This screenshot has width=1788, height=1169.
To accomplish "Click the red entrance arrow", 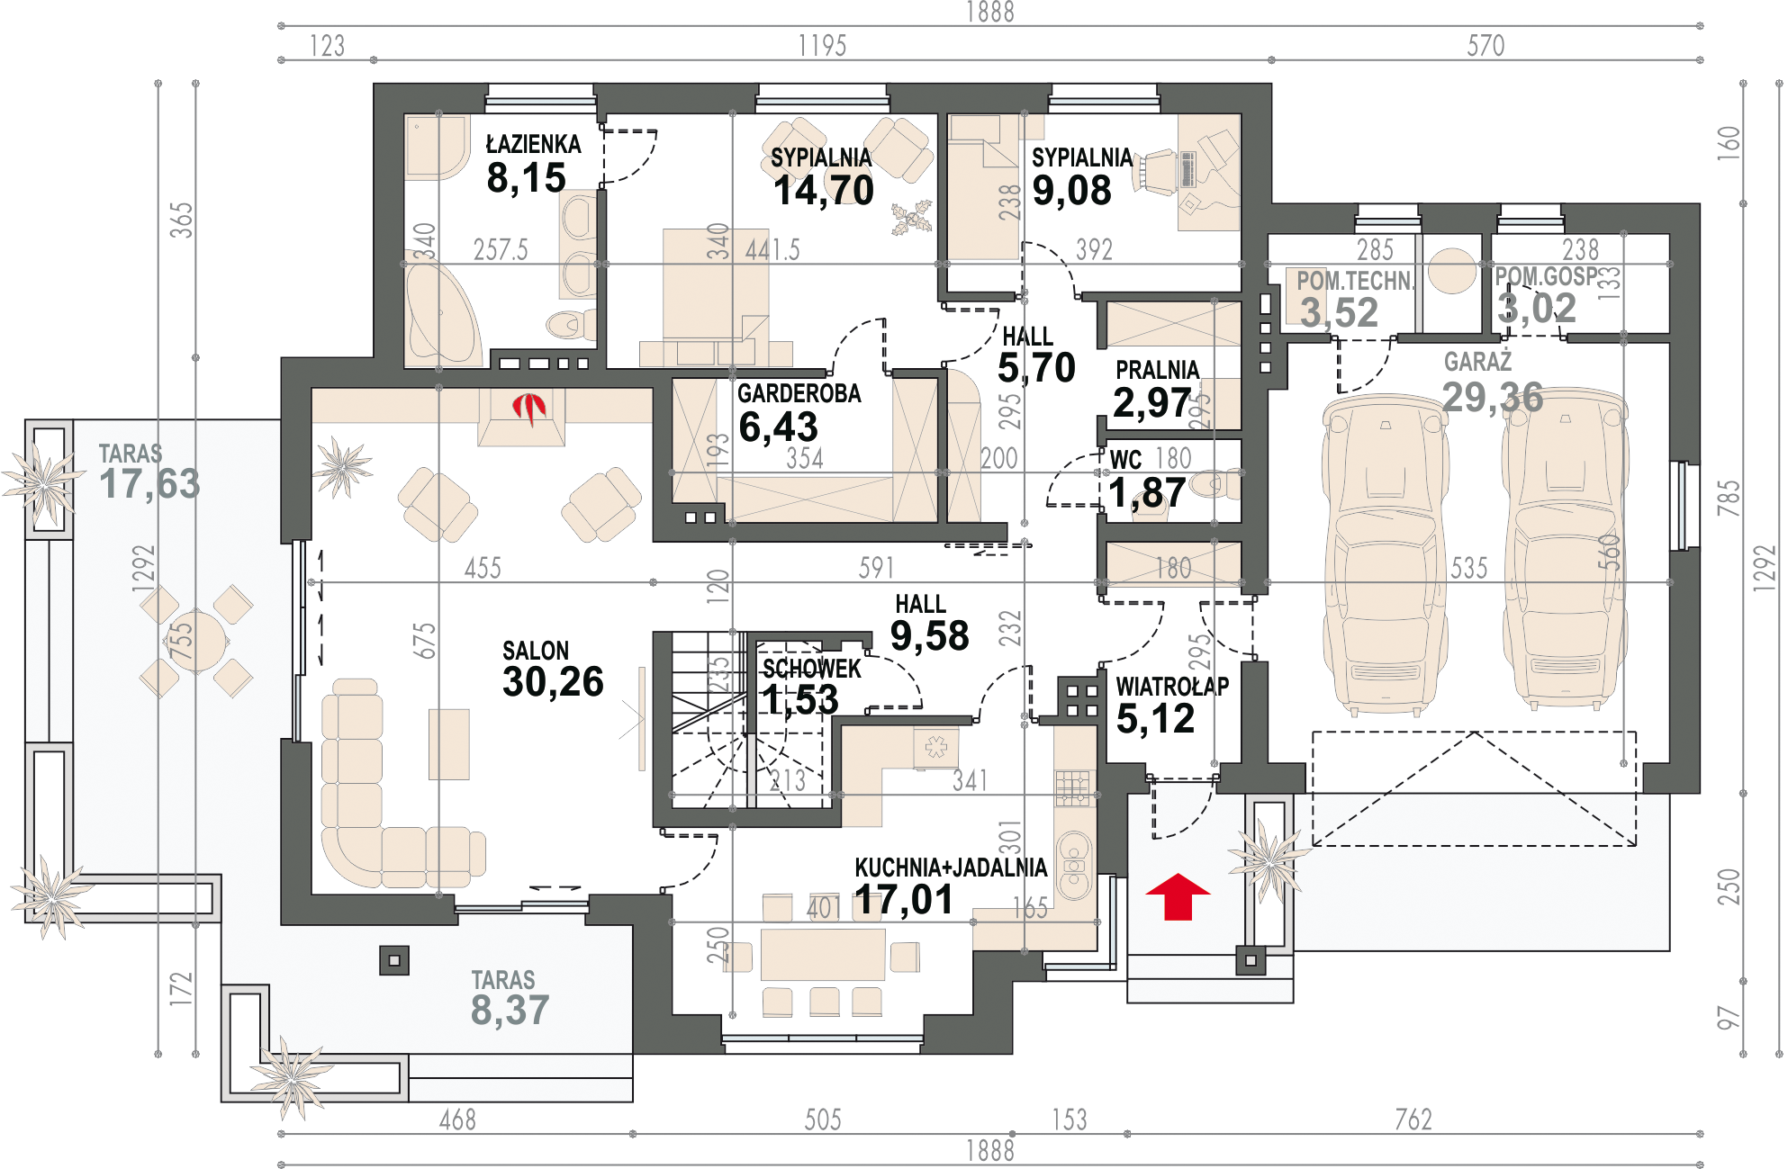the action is tap(1178, 897).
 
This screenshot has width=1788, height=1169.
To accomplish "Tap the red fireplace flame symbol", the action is tap(529, 409).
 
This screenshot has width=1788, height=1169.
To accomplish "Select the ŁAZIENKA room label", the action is tap(533, 144).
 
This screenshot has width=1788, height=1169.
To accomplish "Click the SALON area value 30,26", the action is tap(553, 681).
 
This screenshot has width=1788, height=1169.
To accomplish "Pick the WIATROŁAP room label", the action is tap(1172, 687).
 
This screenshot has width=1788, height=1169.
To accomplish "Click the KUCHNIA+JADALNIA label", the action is tap(951, 868).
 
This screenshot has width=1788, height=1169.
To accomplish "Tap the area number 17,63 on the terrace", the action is tap(149, 484).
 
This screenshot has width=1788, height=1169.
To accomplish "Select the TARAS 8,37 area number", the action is tap(510, 1010).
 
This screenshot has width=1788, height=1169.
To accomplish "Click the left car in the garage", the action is tap(1386, 555).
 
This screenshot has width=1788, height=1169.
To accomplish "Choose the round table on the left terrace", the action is tap(197, 642).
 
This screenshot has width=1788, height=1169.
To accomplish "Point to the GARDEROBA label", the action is tap(799, 393).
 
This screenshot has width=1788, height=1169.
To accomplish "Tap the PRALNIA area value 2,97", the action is tap(1151, 402).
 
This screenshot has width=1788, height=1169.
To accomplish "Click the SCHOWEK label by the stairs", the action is tap(811, 669).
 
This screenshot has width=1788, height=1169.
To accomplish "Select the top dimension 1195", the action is tap(822, 45).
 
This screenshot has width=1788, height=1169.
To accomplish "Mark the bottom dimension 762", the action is tap(1413, 1120).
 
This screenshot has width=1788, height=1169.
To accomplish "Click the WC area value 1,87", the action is tap(1147, 493).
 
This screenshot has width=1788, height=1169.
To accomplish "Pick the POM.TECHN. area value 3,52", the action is tap(1339, 312).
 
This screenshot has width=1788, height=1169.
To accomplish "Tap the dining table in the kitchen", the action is tap(823, 955).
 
